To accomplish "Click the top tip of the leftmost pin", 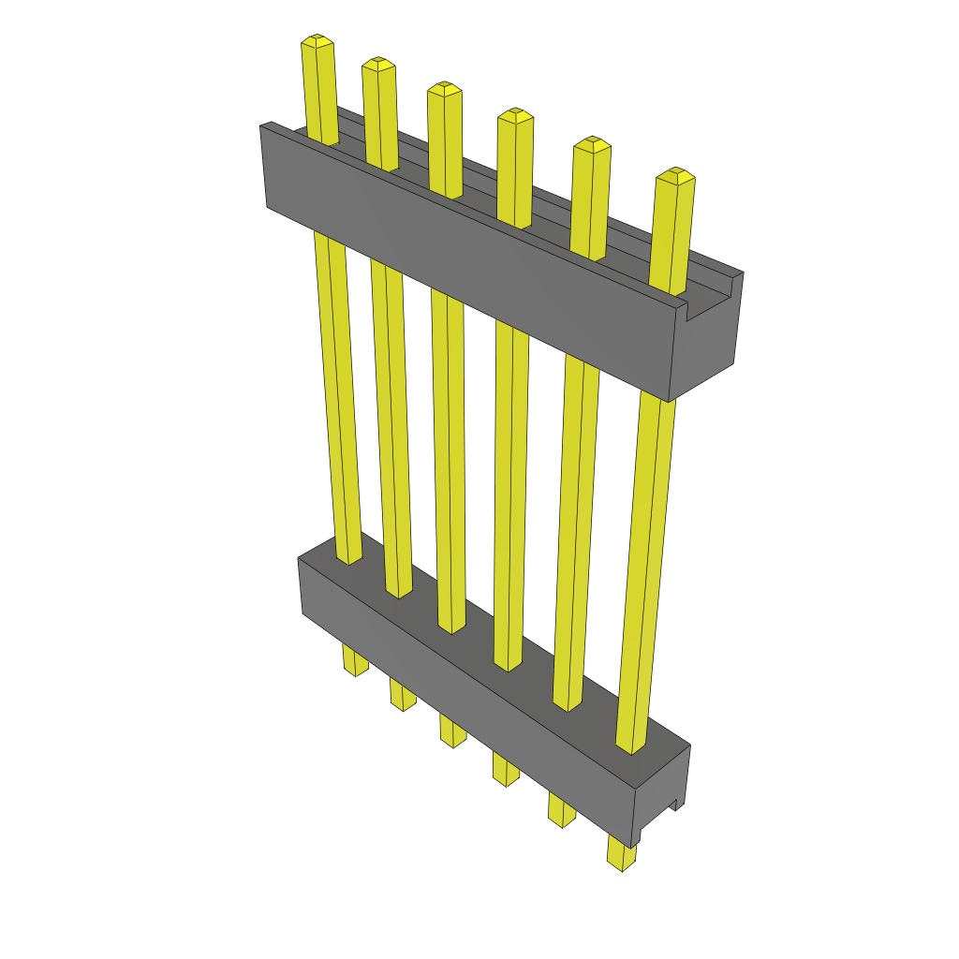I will pos(317,41).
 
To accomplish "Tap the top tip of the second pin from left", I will pos(377,64).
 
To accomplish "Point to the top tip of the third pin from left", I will pos(444,89).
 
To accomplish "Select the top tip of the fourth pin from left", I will pos(514,116).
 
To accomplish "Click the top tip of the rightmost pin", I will pos(674,175).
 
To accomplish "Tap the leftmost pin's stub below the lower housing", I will pos(355,660).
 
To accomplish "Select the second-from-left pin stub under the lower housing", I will pos(403,695).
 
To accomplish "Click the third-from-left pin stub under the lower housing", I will pos(452,730).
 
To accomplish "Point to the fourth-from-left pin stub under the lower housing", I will pos(507,770).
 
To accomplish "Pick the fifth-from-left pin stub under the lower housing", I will pos(562,810).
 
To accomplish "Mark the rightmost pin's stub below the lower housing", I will pos(621,853).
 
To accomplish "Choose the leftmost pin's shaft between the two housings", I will pos(337,393).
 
